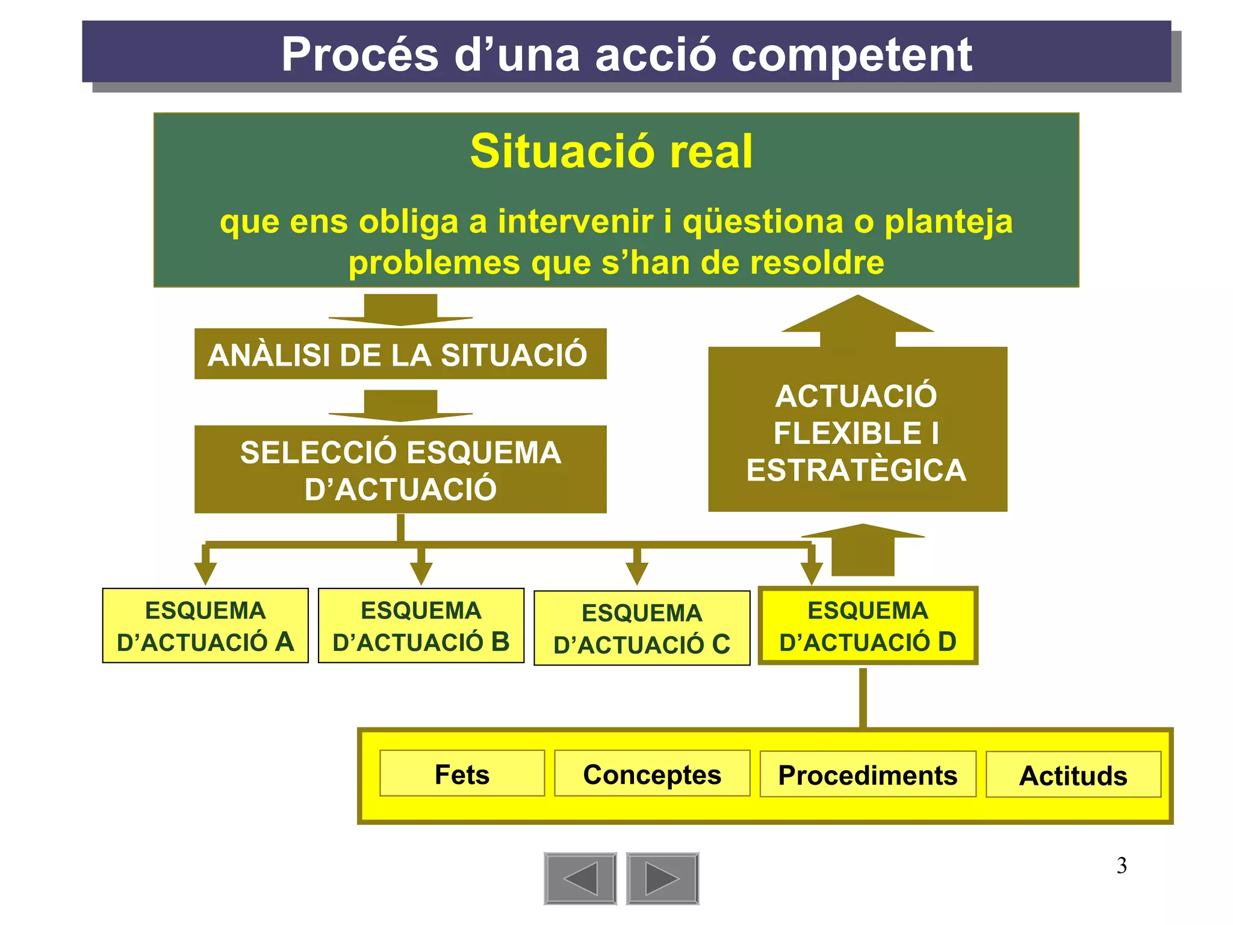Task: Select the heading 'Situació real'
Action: tap(611, 151)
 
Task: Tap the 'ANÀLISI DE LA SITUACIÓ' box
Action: tap(400, 354)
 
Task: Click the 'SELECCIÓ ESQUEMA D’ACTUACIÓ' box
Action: tap(400, 470)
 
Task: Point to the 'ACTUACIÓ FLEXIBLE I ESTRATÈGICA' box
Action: tap(857, 432)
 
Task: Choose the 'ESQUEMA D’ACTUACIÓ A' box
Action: tap(205, 626)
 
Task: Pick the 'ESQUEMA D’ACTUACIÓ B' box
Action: tap(421, 626)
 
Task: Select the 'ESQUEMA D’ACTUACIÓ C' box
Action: tap(642, 628)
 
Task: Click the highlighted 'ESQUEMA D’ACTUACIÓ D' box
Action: tap(868, 626)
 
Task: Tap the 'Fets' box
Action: tap(462, 774)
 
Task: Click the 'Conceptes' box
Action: tap(652, 774)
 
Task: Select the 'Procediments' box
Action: tap(868, 774)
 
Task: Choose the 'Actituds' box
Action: tap(1073, 775)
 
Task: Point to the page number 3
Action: tap(1122, 865)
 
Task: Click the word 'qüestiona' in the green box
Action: tap(763, 222)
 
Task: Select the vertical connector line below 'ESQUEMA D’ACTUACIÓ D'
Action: tap(863, 697)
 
